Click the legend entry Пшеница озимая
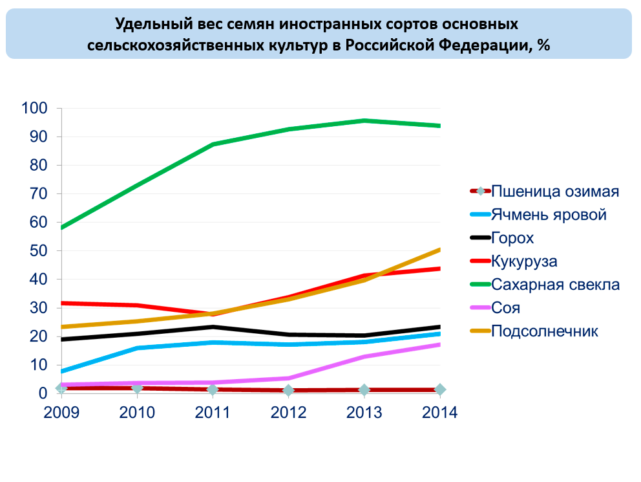click(555, 192)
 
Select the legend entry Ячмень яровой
click(549, 215)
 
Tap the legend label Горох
click(512, 238)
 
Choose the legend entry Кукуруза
click(524, 261)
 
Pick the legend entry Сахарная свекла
click(555, 285)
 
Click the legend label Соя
click(505, 308)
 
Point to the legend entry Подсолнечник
click(545, 331)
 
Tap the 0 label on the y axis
click(43, 393)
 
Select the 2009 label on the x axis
click(61, 413)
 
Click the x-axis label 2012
click(288, 413)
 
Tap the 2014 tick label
click(439, 413)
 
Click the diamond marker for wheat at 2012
click(288, 390)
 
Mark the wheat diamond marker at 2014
click(439, 389)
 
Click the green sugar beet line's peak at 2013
click(364, 121)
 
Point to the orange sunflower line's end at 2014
click(439, 250)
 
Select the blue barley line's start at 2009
click(62, 371)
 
